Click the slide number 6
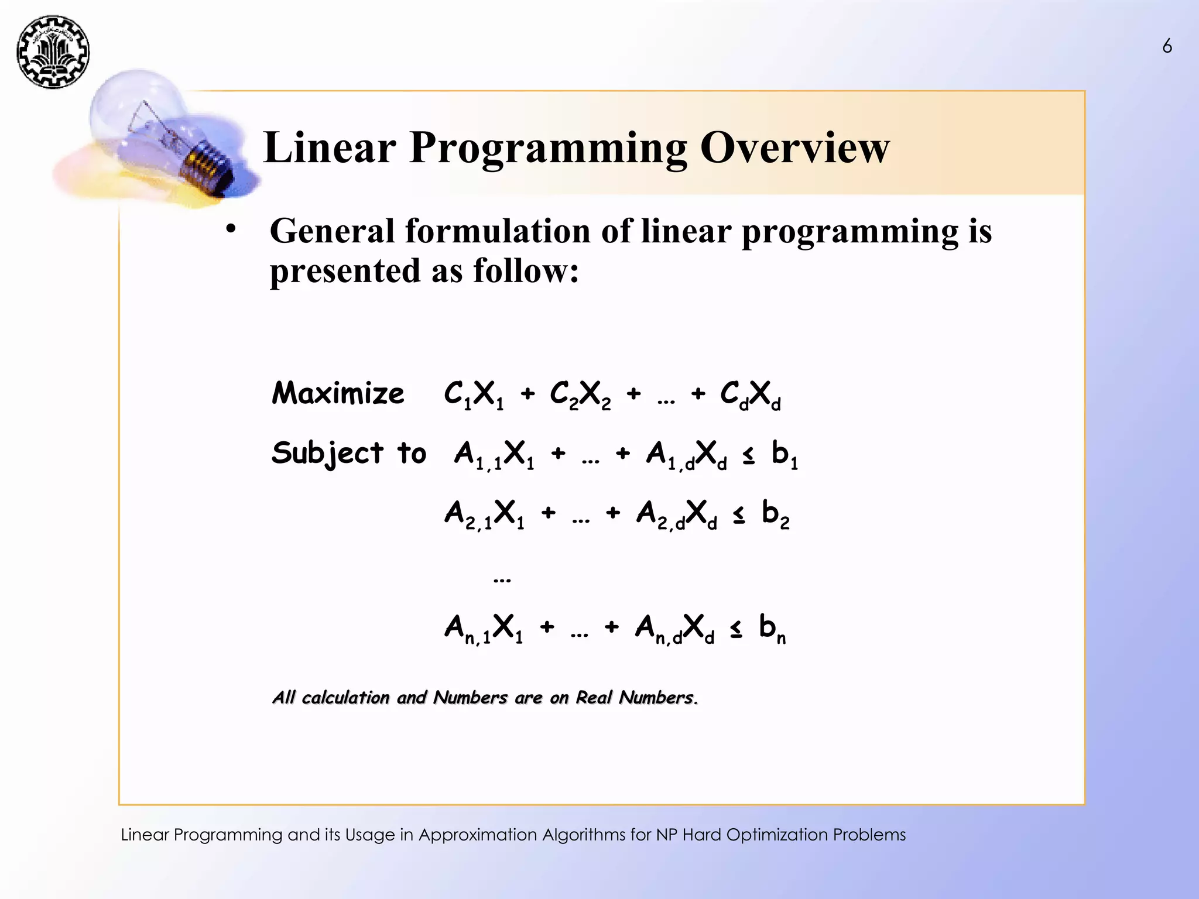[1167, 46]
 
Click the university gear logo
[53, 52]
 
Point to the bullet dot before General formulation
[231, 229]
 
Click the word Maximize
[338, 393]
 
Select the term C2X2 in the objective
[580, 394]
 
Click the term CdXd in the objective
[750, 394]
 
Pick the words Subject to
[349, 454]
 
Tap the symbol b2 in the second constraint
[775, 514]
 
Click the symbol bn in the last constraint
[772, 628]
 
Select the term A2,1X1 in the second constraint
[484, 514]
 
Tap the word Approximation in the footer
[478, 835]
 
